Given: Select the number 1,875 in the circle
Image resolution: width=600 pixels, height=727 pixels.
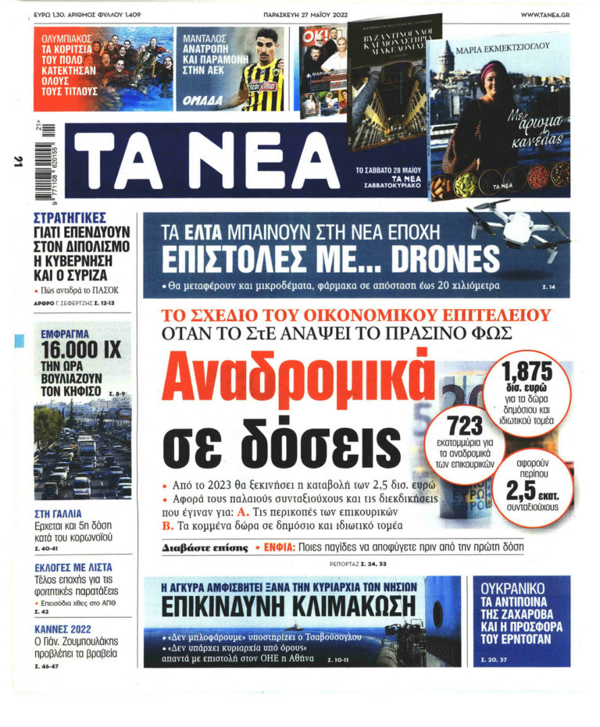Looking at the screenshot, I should tap(527, 372).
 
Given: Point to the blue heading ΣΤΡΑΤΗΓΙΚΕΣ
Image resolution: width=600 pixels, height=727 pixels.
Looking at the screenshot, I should tap(70, 218).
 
